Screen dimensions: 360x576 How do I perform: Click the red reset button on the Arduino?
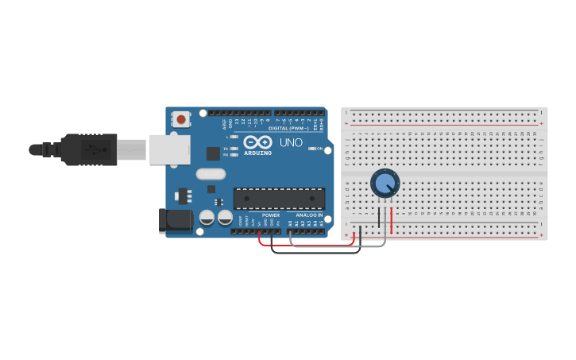(x=181, y=120)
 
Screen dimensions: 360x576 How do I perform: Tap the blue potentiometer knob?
(x=385, y=184)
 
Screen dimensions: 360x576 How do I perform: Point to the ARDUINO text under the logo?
(x=258, y=153)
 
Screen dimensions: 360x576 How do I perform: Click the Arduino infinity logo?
(x=258, y=141)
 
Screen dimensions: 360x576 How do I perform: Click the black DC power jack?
(x=175, y=220)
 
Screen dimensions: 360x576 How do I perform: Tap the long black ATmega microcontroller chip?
(x=279, y=199)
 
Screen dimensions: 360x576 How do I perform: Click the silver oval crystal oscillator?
(x=211, y=174)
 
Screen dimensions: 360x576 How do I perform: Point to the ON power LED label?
(x=319, y=149)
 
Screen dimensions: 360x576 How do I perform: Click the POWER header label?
(x=271, y=215)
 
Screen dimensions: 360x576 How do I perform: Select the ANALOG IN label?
(x=310, y=215)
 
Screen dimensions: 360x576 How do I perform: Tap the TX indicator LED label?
(x=226, y=149)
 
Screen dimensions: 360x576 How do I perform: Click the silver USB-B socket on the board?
(x=170, y=149)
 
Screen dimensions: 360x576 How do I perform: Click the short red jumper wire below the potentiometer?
(x=391, y=220)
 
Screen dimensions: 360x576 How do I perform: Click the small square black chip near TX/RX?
(x=213, y=153)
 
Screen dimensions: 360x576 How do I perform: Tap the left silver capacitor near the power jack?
(x=207, y=217)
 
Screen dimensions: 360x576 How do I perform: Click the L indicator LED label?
(x=227, y=137)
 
